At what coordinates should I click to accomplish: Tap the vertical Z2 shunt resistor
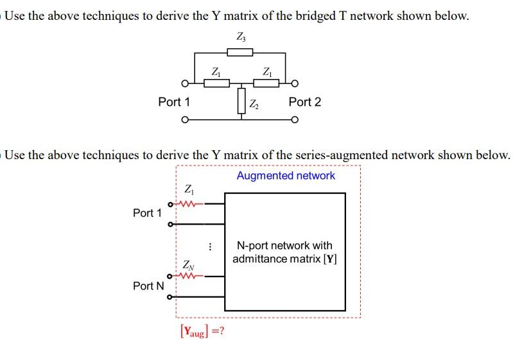241,101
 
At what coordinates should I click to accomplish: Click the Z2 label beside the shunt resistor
255,103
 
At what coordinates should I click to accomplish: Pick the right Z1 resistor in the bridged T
266,82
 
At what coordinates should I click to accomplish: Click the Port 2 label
304,102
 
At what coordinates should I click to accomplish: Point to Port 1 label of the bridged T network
174,102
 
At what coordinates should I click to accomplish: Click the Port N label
148,286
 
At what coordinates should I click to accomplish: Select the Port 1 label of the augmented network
147,212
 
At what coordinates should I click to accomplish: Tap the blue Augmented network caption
286,175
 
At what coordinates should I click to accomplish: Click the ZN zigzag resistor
188,277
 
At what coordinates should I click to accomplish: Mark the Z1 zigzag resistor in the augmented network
188,204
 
